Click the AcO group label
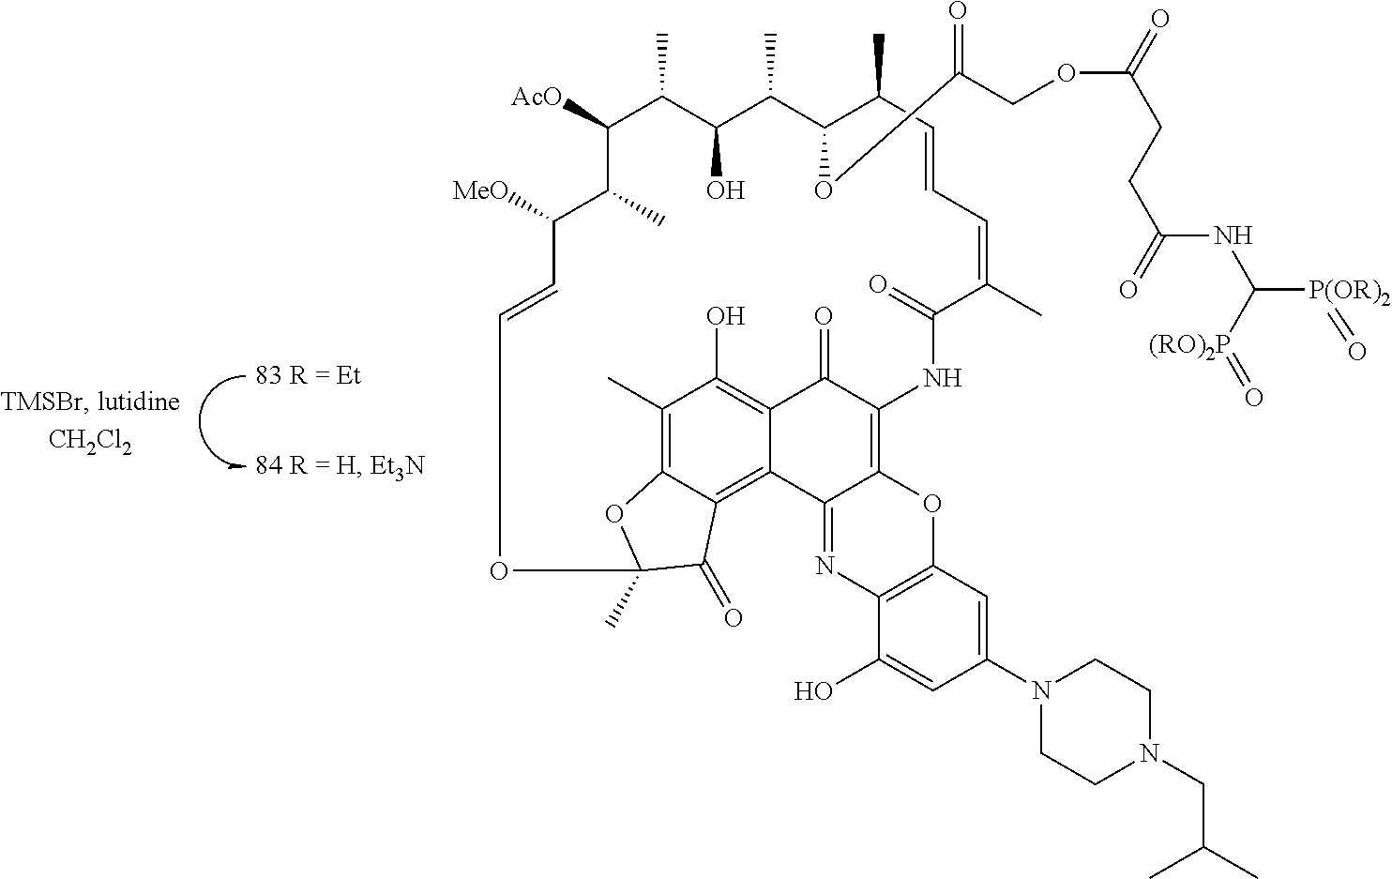pos(536,98)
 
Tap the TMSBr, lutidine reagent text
pos(91,403)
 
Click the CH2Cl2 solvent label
pos(91,441)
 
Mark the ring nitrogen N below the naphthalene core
pos(825,565)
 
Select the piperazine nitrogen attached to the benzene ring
pos(1038,692)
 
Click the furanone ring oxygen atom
pos(614,514)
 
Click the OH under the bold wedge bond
pos(725,191)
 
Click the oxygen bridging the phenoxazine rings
pos(930,508)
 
